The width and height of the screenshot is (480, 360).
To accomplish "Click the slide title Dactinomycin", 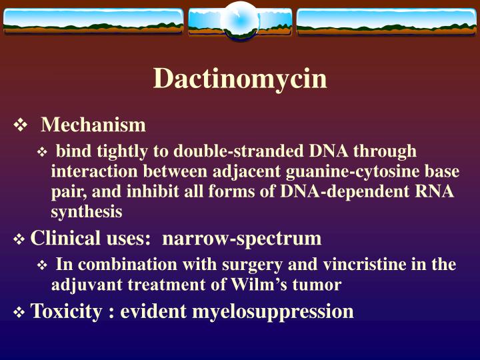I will (x=240, y=79).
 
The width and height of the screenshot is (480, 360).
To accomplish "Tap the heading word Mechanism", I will (x=93, y=125).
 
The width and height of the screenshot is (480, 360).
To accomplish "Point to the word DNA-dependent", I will (x=361, y=192).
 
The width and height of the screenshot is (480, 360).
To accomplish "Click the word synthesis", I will (x=87, y=212).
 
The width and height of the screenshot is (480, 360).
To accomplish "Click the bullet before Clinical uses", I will (x=20, y=239).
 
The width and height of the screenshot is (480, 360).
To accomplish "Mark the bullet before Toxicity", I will (x=20, y=312).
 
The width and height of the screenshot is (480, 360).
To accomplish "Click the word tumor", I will (x=323, y=285).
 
